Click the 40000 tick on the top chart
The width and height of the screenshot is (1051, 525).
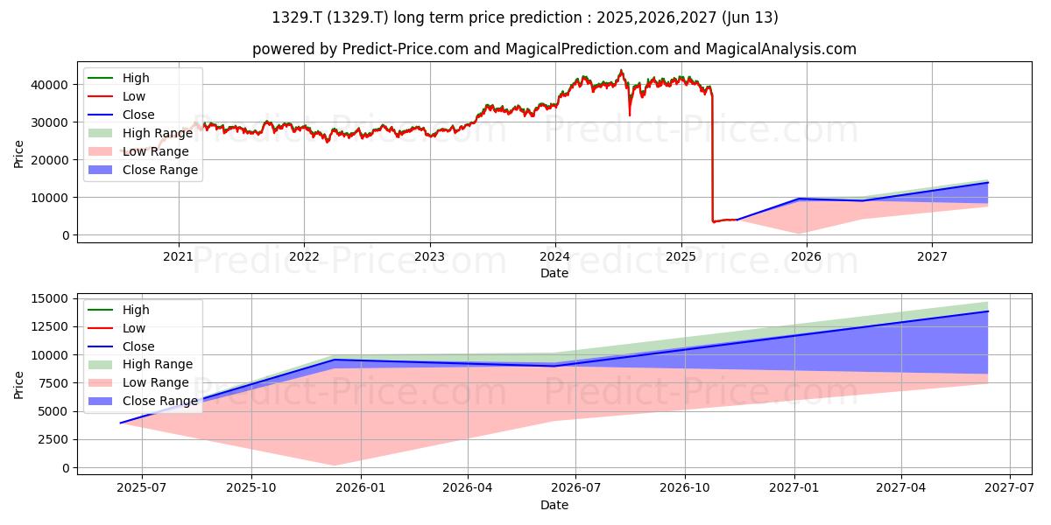(49, 85)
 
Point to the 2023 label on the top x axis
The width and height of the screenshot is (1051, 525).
(429, 257)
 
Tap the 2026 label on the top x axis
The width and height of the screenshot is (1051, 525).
(806, 257)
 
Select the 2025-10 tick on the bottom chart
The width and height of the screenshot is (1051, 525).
(251, 488)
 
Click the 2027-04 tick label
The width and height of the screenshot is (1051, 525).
(901, 488)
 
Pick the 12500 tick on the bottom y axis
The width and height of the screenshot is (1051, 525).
(49, 326)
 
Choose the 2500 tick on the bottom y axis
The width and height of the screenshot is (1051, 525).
(53, 439)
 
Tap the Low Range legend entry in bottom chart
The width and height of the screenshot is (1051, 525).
(138, 382)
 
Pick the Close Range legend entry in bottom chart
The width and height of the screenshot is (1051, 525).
(143, 401)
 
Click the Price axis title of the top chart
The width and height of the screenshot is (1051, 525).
(18, 154)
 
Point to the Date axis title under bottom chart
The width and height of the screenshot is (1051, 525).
(554, 505)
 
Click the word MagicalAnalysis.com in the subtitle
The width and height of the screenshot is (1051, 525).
(780, 49)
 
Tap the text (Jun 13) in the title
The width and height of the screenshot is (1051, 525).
(750, 17)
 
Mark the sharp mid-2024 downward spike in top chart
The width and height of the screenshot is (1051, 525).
(630, 115)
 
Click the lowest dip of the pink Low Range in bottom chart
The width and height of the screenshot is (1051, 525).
(334, 465)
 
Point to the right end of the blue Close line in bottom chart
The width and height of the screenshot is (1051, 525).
(988, 311)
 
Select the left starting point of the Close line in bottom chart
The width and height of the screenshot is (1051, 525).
(121, 423)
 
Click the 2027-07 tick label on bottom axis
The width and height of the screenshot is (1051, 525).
(1009, 488)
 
